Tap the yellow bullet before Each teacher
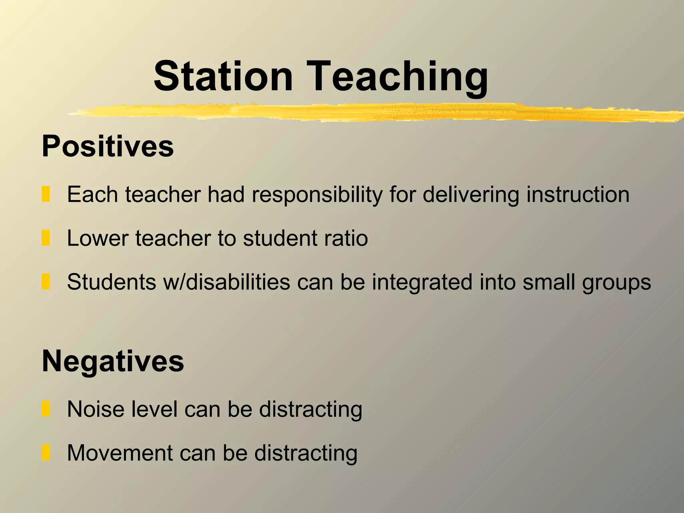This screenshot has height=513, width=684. [x=46, y=194]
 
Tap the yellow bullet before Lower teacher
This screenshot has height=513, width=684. [x=46, y=238]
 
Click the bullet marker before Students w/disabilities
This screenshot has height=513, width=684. [x=46, y=282]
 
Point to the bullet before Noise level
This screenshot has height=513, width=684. [x=46, y=409]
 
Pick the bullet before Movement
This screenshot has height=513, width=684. [x=46, y=453]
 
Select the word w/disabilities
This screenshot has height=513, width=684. [x=226, y=282]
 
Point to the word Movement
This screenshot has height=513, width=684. [x=120, y=453]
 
